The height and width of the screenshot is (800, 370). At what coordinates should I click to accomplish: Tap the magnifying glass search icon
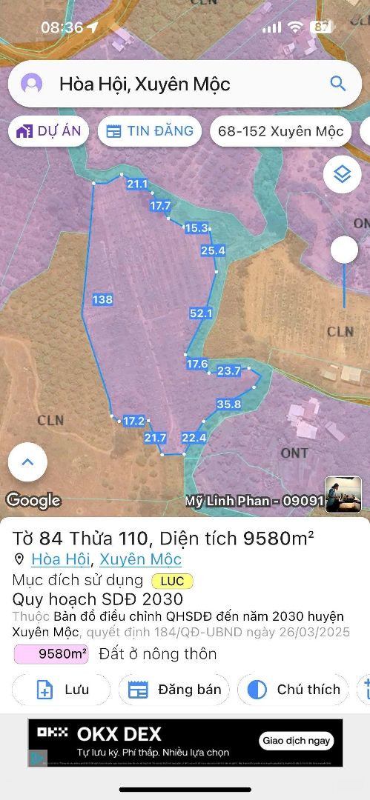tap(337, 84)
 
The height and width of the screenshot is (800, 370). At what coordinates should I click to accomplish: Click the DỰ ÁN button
tap(49, 131)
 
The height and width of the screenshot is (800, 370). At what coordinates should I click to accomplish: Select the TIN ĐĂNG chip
tap(150, 131)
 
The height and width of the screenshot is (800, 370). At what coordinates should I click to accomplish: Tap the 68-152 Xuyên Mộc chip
tap(280, 132)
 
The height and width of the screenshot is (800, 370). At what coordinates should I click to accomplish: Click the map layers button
tap(342, 174)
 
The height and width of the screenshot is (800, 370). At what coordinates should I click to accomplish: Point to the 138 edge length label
tap(102, 299)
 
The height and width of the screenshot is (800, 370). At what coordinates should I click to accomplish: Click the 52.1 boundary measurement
tap(201, 313)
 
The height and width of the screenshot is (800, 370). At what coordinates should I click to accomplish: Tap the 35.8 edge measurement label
tap(229, 404)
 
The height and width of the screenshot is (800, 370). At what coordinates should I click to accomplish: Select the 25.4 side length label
tap(213, 251)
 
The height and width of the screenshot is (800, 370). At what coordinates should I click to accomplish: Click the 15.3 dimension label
tap(196, 228)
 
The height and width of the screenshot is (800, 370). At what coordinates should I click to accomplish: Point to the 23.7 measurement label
tap(228, 370)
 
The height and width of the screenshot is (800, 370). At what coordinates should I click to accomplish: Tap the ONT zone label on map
tap(294, 453)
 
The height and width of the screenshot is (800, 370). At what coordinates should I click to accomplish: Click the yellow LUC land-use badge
tap(172, 581)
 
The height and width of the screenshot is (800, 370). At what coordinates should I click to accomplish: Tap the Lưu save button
tap(62, 690)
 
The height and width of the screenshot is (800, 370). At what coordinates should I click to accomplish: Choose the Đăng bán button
tap(175, 690)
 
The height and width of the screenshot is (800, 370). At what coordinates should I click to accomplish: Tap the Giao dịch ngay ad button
tap(297, 741)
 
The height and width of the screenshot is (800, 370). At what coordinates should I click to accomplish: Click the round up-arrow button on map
tap(27, 462)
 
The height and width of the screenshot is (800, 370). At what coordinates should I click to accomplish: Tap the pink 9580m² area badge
tap(52, 654)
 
